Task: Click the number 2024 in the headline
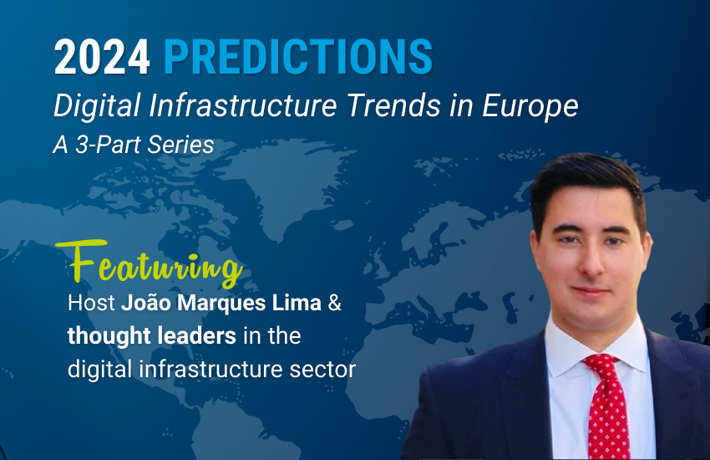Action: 102,57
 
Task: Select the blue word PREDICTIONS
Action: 298,57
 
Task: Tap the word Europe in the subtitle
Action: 530,107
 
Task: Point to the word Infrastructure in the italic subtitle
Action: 243,105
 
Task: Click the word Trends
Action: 394,105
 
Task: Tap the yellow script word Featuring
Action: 150,263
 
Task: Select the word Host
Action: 92,303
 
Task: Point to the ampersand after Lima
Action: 335,303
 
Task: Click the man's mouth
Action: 591,290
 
